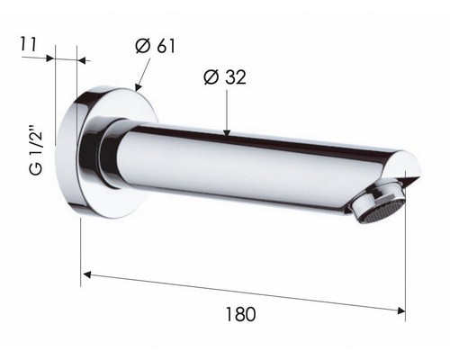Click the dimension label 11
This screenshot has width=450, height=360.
28,44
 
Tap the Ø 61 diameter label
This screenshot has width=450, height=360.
155,46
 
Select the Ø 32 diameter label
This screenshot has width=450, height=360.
225,77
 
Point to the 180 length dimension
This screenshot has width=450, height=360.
240,314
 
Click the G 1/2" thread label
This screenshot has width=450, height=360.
36,149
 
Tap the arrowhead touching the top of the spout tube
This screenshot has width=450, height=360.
227,132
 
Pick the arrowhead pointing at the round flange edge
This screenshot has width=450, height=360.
138,87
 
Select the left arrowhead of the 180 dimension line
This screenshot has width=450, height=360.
86,274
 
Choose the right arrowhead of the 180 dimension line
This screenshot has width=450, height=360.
401,310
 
